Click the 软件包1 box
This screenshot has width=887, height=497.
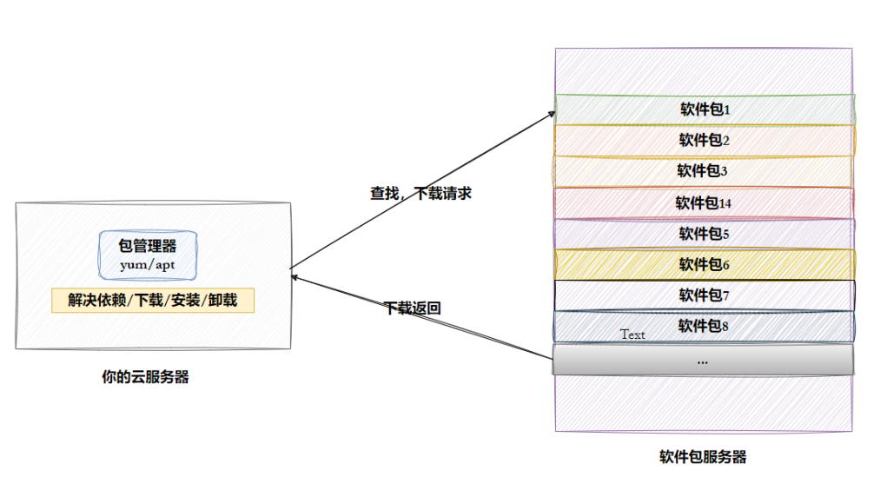pos(704,109)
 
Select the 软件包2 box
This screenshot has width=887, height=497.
pos(704,140)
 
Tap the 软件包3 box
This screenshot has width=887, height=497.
pos(704,171)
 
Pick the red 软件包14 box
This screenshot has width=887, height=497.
pos(704,203)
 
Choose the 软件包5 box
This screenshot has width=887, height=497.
pos(704,234)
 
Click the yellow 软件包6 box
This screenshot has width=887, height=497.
pos(704,264)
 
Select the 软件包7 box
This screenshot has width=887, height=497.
pos(704,295)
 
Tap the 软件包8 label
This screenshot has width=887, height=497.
pos(704,326)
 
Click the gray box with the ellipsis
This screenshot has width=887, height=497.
pos(704,360)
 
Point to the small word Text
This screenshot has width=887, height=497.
pos(632,335)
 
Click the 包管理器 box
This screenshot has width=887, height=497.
pos(148,254)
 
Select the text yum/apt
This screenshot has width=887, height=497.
pos(148,265)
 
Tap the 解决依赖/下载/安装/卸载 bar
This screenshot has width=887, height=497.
pos(153,301)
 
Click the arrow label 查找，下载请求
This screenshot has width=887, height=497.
pos(420,194)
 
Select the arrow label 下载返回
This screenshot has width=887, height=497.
pos(413,308)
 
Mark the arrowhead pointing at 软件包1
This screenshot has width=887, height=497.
pos(553,113)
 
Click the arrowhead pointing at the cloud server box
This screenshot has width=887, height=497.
pos(294,278)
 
